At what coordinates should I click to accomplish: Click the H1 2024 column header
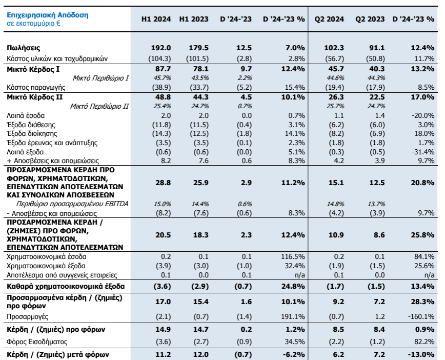pos(156,19)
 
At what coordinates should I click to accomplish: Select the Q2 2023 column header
pos(370,19)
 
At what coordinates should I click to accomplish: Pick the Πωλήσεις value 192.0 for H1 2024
pos(163,48)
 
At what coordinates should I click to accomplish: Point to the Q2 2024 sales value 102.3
pos(334,48)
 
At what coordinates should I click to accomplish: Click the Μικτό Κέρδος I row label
pos(32,69)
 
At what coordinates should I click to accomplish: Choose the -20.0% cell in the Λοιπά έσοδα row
pos(422,115)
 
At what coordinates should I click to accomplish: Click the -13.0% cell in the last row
pos(421,354)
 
